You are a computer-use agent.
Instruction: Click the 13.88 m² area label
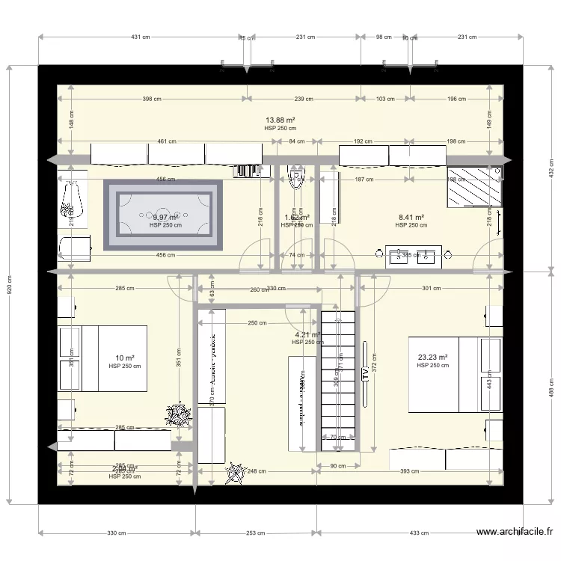point(280,120)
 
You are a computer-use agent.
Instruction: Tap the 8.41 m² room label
point(411,217)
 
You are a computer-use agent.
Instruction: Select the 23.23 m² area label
point(432,358)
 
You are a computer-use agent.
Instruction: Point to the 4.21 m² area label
point(307,335)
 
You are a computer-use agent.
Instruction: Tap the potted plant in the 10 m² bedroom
point(179,414)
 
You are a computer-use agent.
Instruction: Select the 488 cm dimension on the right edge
point(552,387)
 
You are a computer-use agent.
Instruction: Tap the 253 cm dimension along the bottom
point(256,533)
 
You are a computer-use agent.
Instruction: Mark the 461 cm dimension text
point(167,141)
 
